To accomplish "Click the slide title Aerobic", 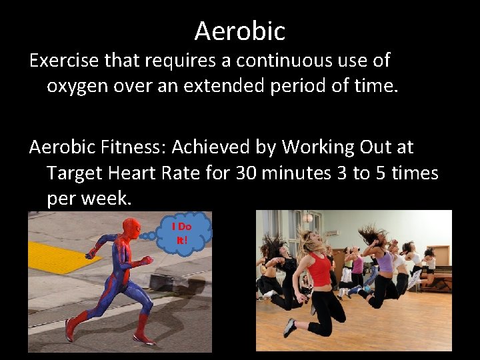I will point(240,31).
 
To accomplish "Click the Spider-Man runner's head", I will point(132,228).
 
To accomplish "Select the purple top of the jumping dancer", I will point(385,261).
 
